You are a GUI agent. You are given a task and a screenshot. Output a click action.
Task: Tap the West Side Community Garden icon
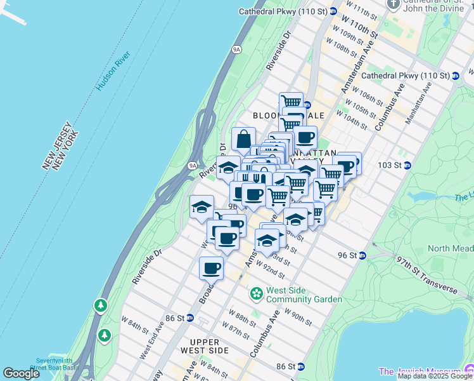[x=257, y=294]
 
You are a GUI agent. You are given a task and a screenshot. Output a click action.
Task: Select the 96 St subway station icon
[x=362, y=255]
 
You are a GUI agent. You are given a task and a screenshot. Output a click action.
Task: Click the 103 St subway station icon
[x=407, y=165]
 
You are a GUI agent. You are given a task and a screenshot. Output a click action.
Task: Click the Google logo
[x=22, y=373]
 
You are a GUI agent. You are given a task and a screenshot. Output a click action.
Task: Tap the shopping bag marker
[x=243, y=140]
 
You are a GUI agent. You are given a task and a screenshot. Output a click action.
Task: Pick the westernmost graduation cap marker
[x=202, y=207]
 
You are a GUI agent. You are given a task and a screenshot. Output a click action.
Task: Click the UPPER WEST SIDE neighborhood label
[x=204, y=346]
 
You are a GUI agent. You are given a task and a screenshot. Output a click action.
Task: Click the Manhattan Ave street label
[x=418, y=102]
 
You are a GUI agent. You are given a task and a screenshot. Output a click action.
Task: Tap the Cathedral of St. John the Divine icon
[x=393, y=4]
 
